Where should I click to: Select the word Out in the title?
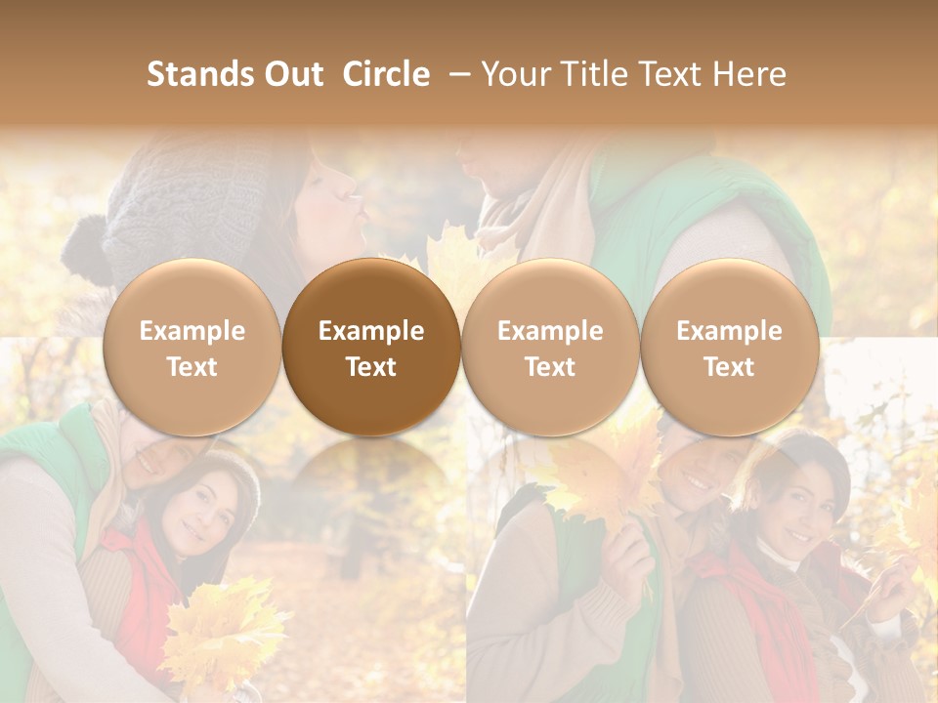coord(292,74)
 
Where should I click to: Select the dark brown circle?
coord(371,348)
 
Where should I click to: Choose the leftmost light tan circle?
coord(192,348)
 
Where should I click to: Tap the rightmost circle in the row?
coord(729,348)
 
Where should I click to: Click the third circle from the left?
coord(550,348)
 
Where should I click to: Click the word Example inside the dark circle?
coord(371,331)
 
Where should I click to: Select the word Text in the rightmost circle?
coord(729,367)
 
